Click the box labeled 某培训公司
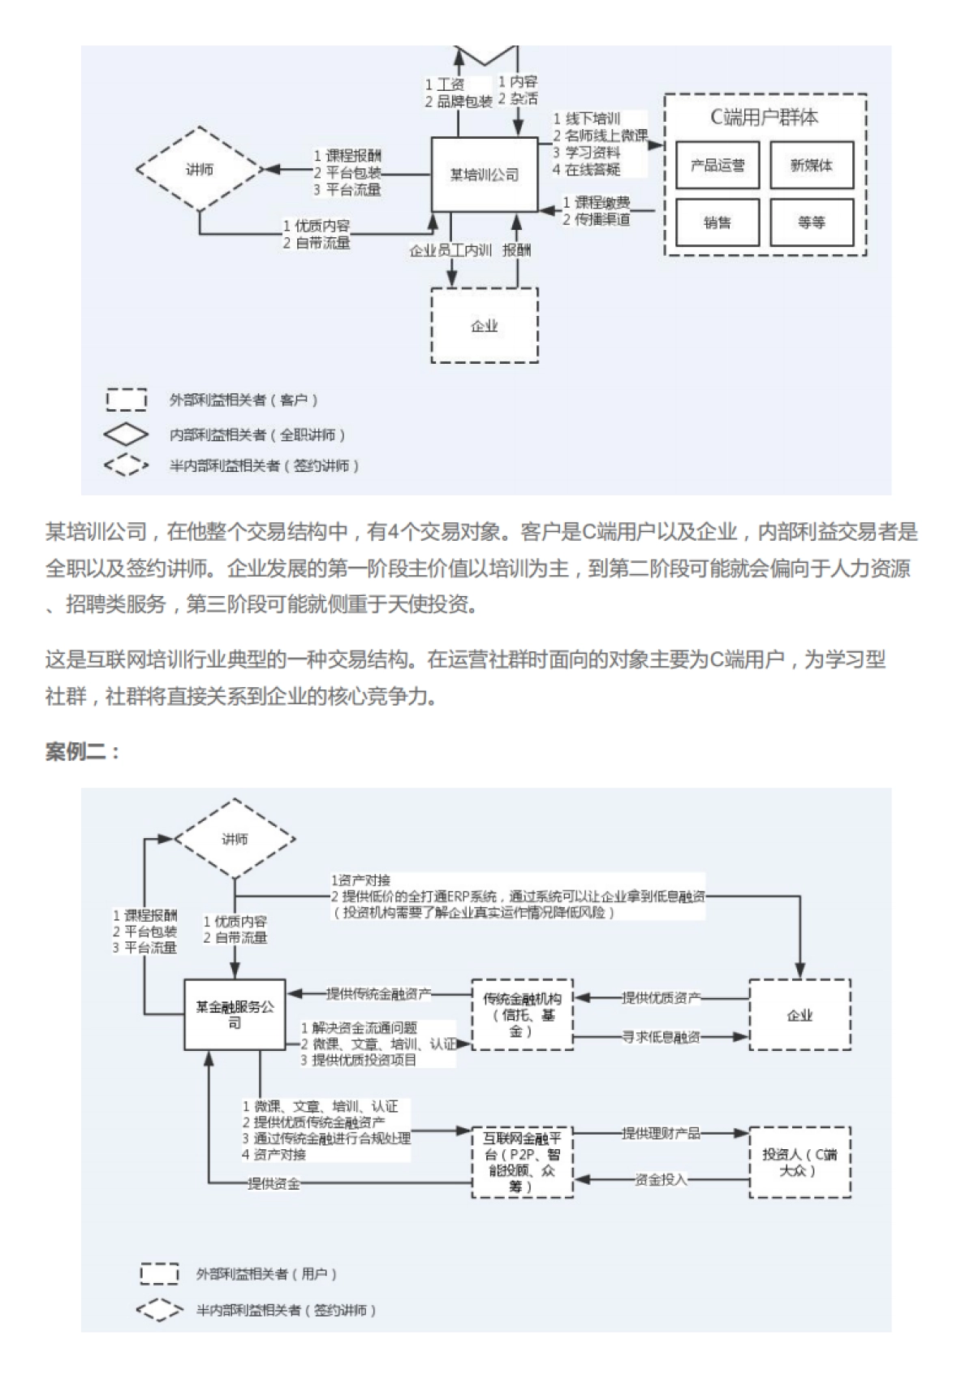click(484, 174)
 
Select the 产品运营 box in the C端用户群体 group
click(718, 166)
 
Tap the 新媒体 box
click(812, 166)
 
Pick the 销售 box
click(718, 222)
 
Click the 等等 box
click(812, 222)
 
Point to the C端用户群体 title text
click(765, 118)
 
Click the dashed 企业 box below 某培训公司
click(485, 326)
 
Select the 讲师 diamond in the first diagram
click(200, 170)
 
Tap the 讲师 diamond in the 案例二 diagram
click(235, 839)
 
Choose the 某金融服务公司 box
click(235, 1014)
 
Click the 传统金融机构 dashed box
click(522, 1014)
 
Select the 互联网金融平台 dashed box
click(522, 1162)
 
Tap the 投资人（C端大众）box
click(799, 1162)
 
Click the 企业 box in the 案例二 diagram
click(799, 1014)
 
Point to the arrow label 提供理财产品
click(661, 1133)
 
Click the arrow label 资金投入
click(661, 1179)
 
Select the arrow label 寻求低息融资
click(661, 1037)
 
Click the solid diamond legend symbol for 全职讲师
click(126, 434)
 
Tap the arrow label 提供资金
click(274, 1183)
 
